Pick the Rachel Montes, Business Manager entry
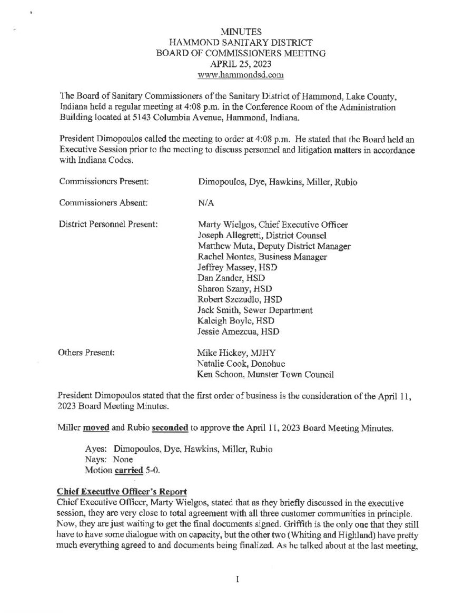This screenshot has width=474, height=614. click(262, 257)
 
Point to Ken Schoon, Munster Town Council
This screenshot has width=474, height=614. click(265, 374)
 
